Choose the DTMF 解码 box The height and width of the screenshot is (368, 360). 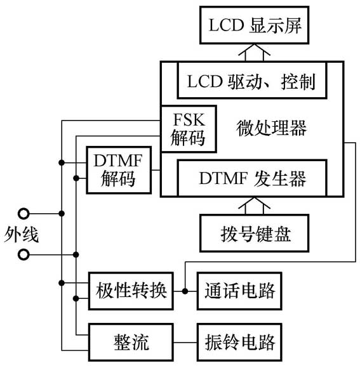118,169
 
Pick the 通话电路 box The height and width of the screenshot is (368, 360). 239,291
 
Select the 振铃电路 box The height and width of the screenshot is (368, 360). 239,342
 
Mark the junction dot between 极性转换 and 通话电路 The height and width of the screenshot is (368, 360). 185,291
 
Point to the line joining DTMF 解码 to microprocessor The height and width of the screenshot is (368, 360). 156,169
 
